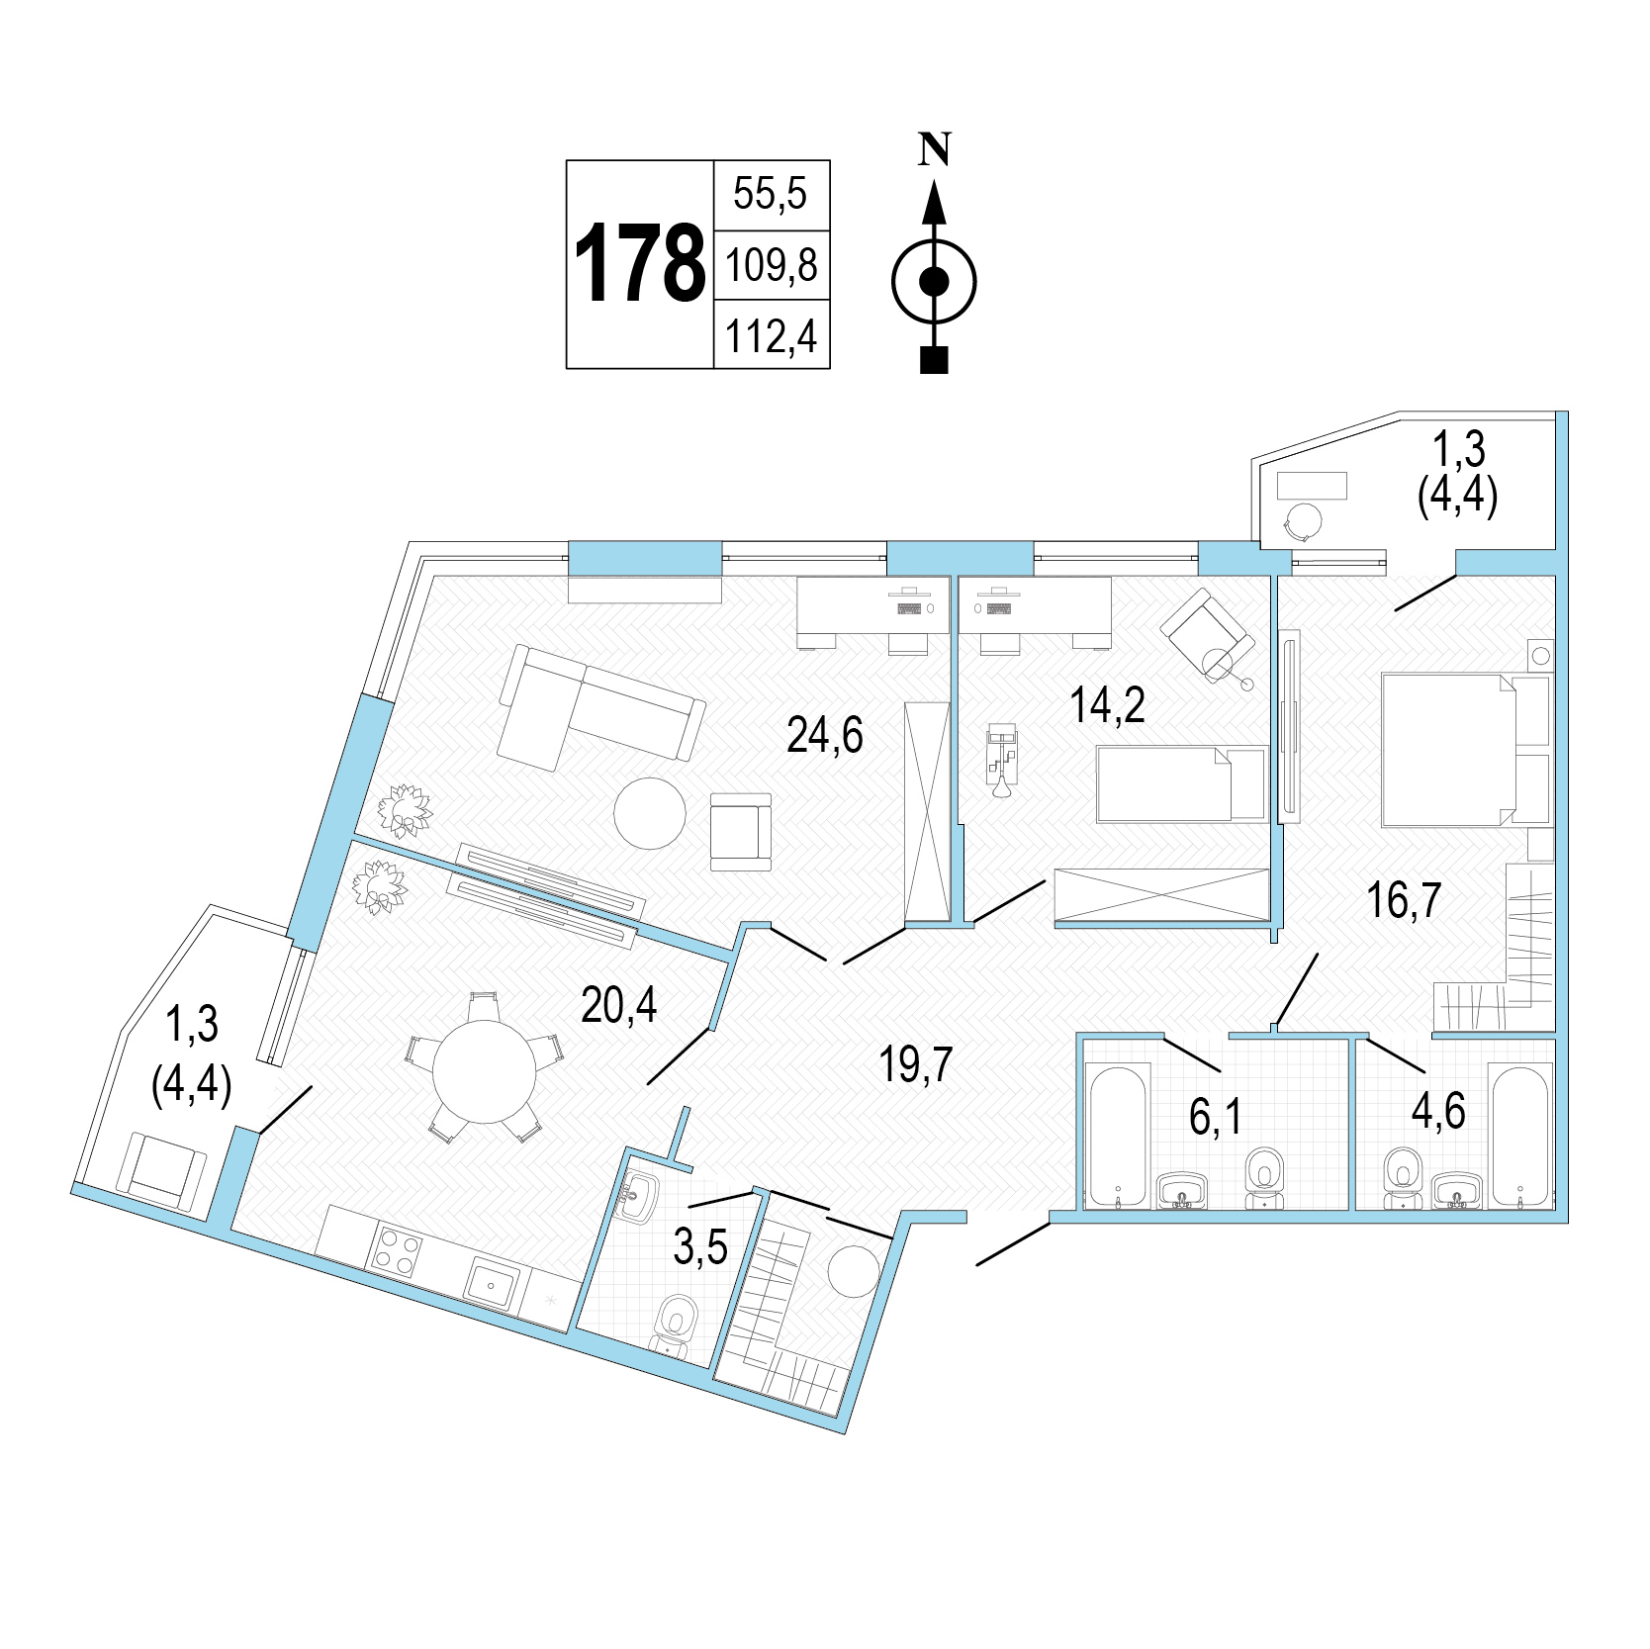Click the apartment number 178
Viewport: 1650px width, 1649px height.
click(639, 264)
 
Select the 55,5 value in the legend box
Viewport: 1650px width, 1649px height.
click(771, 193)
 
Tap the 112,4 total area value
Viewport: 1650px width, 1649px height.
click(772, 335)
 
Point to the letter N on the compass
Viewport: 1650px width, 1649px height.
click(934, 149)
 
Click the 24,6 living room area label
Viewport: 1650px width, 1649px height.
click(825, 735)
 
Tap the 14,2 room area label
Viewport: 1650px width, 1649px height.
click(1108, 705)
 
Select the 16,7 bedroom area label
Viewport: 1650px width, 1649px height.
click(1404, 900)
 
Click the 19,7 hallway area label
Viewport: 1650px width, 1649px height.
click(916, 1064)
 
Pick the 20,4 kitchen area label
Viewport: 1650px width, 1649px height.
click(619, 1006)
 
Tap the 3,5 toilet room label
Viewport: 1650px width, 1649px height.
click(700, 1247)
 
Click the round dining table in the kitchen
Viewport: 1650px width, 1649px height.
click(484, 1071)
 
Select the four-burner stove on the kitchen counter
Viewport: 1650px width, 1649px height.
click(395, 1250)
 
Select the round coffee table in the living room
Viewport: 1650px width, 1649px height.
click(650, 812)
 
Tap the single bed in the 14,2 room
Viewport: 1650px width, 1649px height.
click(1181, 783)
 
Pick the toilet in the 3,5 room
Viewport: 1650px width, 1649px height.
click(676, 1323)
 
